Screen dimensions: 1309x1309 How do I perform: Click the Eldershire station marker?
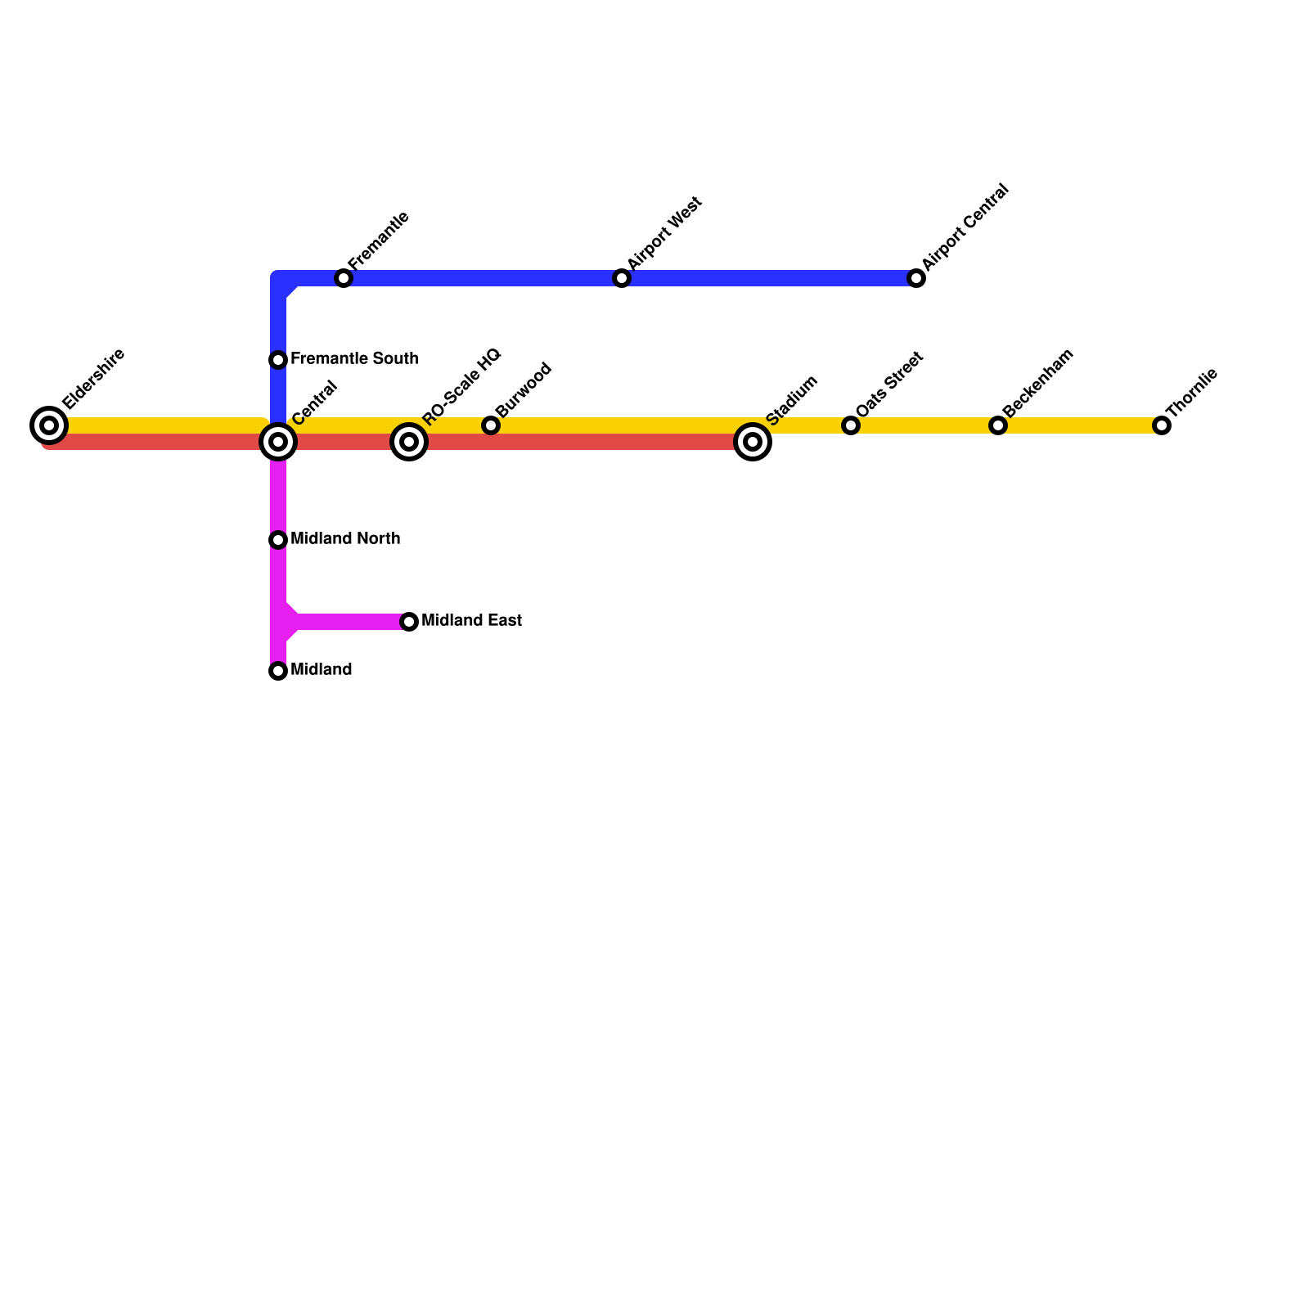coord(49,425)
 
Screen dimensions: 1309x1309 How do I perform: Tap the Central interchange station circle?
coord(278,442)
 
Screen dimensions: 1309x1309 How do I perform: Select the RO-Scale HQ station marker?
coord(409,442)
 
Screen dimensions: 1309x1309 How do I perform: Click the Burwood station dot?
coord(491,425)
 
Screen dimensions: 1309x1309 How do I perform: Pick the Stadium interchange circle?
coord(753,442)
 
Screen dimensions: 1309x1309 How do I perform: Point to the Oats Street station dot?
coord(851,425)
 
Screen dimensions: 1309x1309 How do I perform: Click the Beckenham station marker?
coord(997,425)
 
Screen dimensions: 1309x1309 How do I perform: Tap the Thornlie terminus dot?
coord(1162,425)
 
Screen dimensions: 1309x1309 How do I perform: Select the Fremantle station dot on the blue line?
coord(344,278)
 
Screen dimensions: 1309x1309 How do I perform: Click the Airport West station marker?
coord(622,278)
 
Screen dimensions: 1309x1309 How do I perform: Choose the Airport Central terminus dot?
coord(916,278)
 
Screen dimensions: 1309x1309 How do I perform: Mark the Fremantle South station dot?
coord(278,360)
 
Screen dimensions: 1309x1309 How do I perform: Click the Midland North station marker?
coord(278,540)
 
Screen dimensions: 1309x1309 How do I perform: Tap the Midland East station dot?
coord(409,622)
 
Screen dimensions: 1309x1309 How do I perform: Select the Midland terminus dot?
coord(278,671)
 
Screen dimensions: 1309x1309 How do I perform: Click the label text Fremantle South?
coord(354,358)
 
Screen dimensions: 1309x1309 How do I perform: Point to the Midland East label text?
coord(471,620)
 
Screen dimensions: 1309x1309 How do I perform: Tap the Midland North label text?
coord(345,538)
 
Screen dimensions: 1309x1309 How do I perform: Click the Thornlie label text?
coord(1192,392)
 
